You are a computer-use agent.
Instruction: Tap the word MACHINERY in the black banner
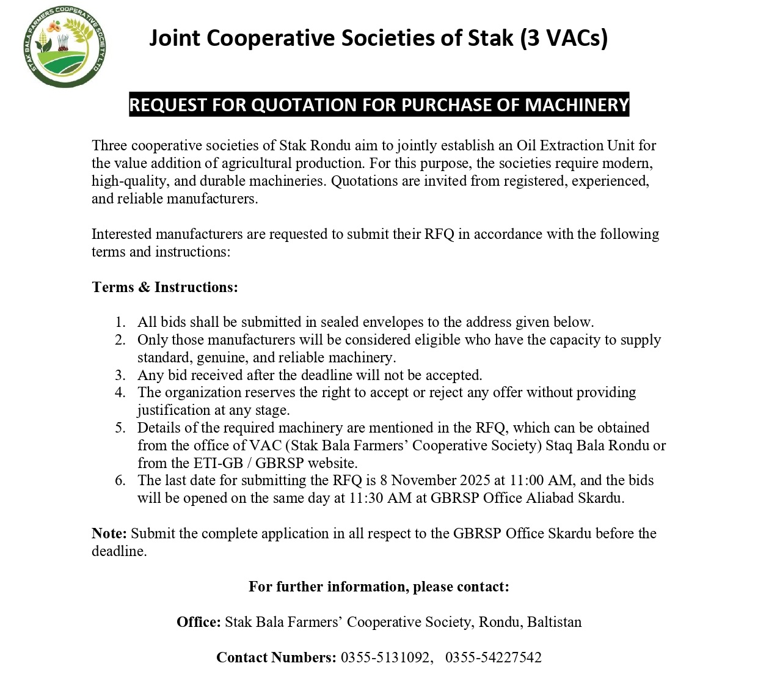577,105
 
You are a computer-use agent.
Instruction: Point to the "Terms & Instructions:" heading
165,287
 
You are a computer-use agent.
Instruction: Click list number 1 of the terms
120,323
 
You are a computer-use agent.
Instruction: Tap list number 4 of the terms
120,393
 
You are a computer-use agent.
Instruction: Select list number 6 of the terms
120,481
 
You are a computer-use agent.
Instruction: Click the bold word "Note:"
109,533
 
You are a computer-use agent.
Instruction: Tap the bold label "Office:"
199,622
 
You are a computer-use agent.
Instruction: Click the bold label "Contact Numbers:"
276,657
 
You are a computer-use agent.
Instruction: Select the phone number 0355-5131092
386,657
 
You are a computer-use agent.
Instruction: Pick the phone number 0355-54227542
494,657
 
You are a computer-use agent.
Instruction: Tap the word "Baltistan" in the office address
555,622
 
